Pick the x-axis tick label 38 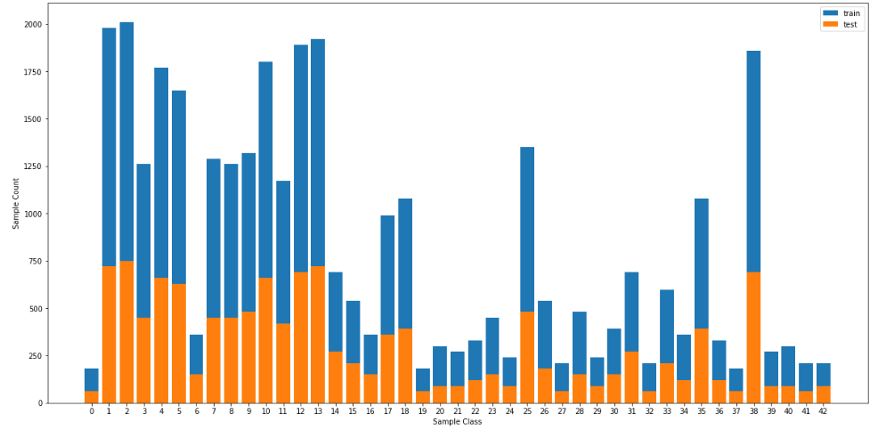pos(753,410)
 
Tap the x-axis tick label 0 pos(92,410)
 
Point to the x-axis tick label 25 pos(527,410)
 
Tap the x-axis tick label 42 pos(823,410)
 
